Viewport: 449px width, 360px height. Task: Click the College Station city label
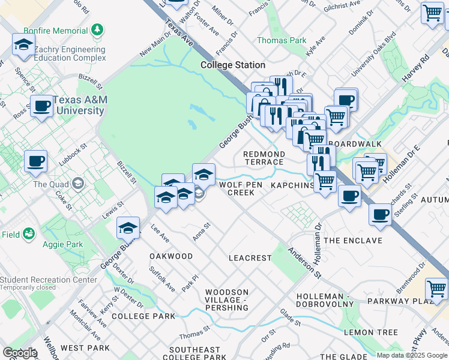(x=233, y=65)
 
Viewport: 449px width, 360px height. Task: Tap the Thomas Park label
(x=281, y=40)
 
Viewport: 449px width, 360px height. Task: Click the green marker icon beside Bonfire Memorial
(x=98, y=30)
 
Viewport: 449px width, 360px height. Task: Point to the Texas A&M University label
(x=78, y=106)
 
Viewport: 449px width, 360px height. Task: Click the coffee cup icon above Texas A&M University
(x=41, y=106)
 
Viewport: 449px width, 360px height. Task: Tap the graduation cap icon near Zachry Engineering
(x=23, y=45)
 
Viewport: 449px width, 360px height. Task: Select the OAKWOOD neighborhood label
(x=171, y=256)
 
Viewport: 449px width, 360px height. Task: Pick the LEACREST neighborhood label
(x=250, y=257)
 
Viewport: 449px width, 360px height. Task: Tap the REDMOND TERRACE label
(x=264, y=158)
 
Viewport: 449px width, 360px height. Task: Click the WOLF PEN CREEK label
(x=241, y=189)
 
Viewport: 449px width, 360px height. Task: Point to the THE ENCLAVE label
(x=352, y=241)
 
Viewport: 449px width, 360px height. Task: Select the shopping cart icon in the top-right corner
(x=432, y=13)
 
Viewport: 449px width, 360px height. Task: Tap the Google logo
(x=20, y=353)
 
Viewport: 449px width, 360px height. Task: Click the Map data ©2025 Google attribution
(x=412, y=355)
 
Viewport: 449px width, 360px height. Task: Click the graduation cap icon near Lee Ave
(x=128, y=228)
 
